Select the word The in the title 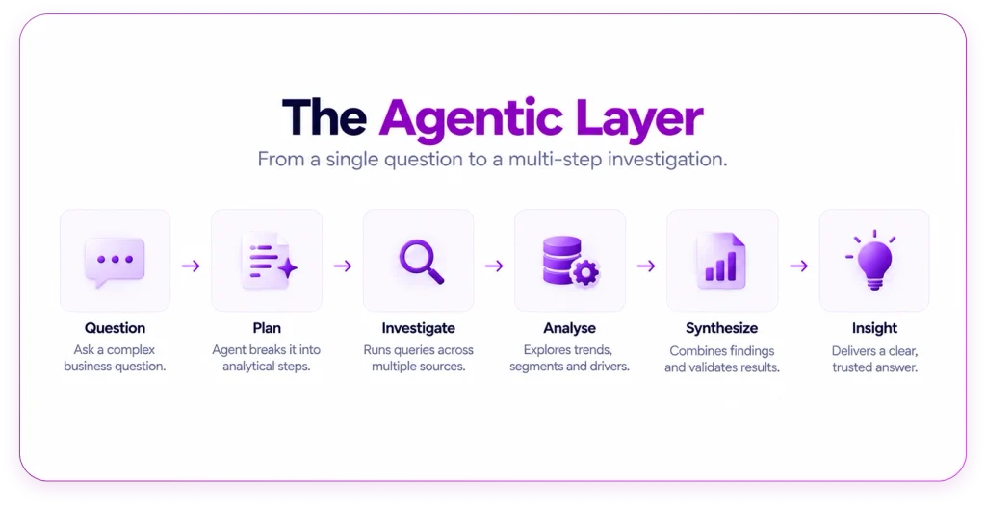pos(324,117)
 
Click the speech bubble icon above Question pos(115,262)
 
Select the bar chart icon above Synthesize pos(720,261)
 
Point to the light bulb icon pos(872,260)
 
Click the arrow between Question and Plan pos(192,266)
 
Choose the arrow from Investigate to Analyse pos(494,266)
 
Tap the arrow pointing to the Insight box pos(799,266)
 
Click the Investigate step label pos(418,328)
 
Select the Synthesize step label pos(721,328)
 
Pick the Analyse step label pos(570,328)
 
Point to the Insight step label pos(874,328)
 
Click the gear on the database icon pos(585,272)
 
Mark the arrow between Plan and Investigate pos(343,266)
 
